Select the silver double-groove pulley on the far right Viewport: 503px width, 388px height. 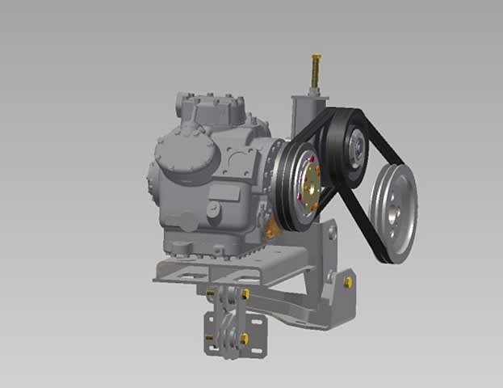click(x=394, y=212)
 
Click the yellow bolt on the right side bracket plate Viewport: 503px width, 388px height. click(x=347, y=281)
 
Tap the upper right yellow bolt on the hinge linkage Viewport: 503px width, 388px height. click(x=244, y=294)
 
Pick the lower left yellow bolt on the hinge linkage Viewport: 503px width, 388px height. click(x=209, y=335)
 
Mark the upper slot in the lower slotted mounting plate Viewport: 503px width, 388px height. click(x=258, y=321)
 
